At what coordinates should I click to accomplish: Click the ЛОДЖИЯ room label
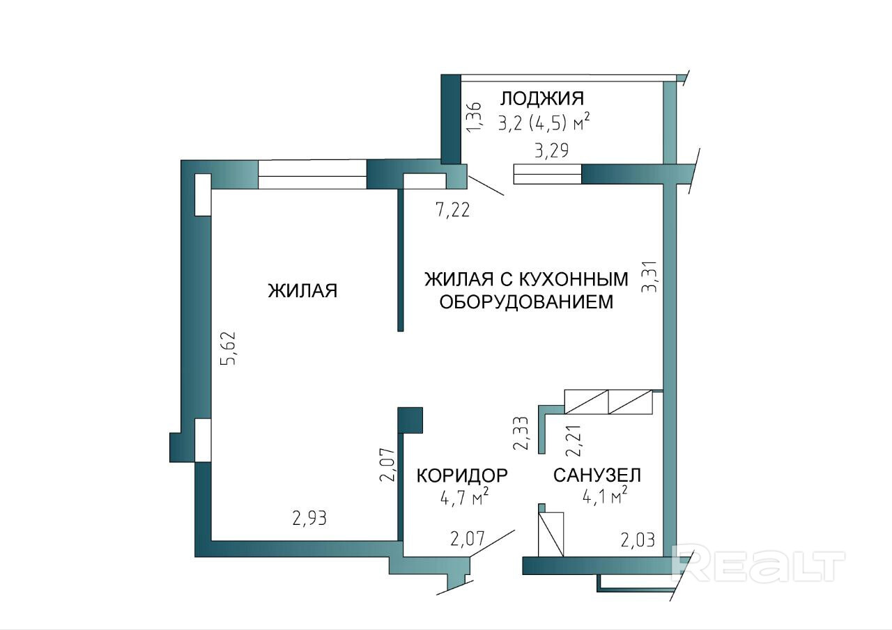542,99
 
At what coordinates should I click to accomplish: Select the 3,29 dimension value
551,150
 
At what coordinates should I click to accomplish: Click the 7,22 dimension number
453,210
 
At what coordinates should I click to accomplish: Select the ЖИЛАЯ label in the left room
302,290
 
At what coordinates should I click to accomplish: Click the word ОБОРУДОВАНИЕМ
526,302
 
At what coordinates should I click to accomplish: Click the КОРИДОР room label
462,475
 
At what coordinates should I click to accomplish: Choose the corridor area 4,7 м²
462,498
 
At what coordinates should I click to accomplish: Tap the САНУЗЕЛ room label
597,475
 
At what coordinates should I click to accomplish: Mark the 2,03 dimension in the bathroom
638,540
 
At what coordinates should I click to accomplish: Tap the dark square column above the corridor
410,420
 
